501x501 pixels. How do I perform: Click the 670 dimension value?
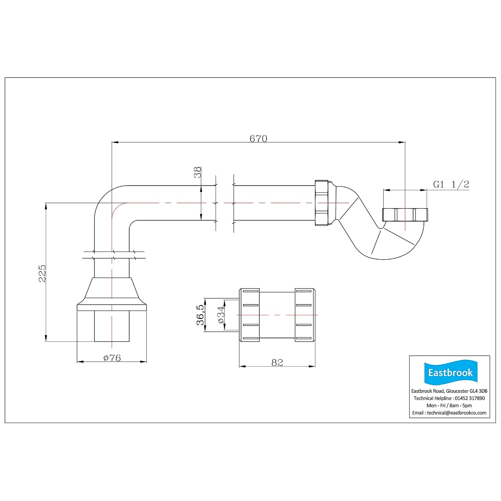point(259,138)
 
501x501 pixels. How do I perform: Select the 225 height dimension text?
point(42,273)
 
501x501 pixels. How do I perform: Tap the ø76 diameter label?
point(112,358)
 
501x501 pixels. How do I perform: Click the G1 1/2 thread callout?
point(451,184)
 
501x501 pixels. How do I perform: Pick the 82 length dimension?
point(277,362)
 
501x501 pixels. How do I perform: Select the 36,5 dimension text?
point(200,314)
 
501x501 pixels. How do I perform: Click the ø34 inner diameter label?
point(221,315)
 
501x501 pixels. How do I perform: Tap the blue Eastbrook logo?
point(450,373)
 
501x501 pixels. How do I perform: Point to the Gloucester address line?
point(449,391)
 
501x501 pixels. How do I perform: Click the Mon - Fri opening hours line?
point(449,405)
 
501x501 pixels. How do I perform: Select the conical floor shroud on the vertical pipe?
point(112,294)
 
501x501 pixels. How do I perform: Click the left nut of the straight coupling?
point(249,315)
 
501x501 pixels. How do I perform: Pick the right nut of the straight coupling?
point(305,315)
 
